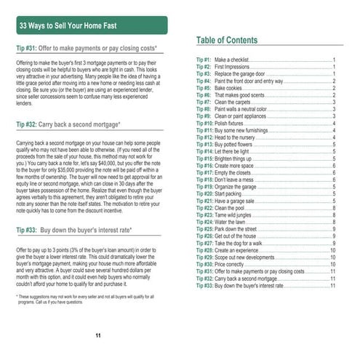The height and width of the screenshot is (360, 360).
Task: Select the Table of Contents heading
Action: tap(236, 40)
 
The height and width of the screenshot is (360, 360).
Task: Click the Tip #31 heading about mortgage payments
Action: tap(87, 48)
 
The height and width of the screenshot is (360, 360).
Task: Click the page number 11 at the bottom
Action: tap(98, 335)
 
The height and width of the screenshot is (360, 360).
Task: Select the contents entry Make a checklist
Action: tap(232, 59)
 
